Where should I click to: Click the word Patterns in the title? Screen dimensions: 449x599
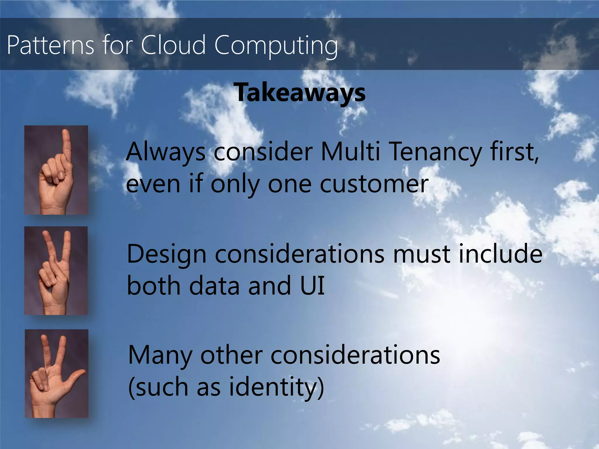(x=50, y=45)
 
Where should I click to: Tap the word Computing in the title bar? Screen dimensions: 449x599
(x=276, y=46)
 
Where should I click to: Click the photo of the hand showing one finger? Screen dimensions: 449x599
(x=56, y=170)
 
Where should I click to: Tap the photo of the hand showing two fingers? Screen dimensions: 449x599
(x=56, y=271)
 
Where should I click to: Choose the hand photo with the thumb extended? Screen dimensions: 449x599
(x=56, y=374)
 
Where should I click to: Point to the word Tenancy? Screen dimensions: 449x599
(x=436, y=152)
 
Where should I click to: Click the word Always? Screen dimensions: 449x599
(x=166, y=152)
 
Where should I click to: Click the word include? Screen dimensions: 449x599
(x=500, y=253)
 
